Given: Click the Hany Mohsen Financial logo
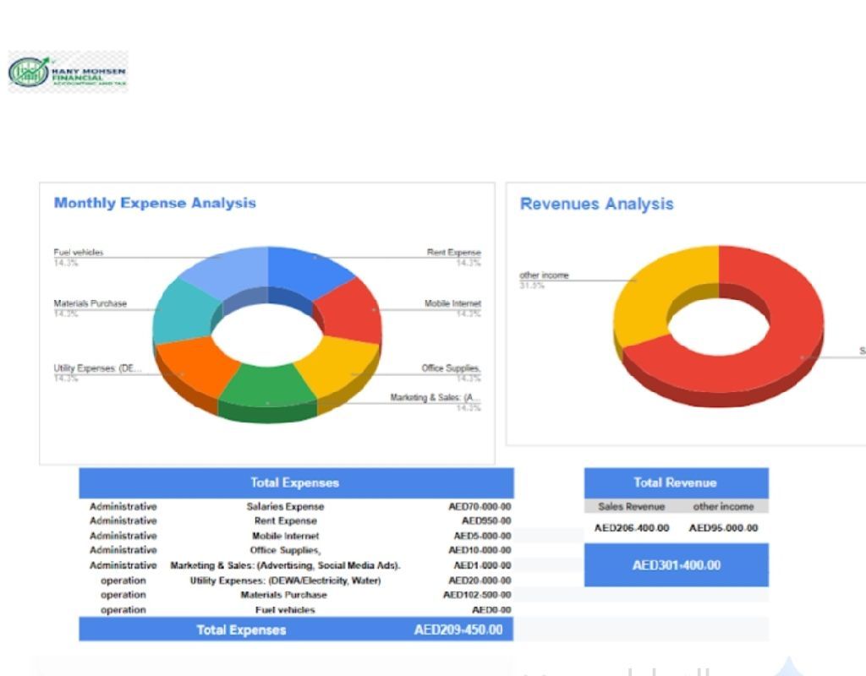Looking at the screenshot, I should point(68,72).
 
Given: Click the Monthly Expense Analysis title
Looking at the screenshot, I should point(155,203).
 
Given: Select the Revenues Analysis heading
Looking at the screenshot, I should point(596,204).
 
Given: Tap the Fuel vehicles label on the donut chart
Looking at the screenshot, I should point(79,253).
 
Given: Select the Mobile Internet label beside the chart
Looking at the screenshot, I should point(452,303).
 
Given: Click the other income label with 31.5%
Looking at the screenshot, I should point(544,275).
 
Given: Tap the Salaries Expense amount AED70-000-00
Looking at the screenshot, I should point(480,507).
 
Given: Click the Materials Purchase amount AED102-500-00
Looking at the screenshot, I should point(477,595).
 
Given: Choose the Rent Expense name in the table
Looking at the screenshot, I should point(285,521).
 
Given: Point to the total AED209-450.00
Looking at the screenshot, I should point(458,630).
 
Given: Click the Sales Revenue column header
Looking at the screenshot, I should point(631,507).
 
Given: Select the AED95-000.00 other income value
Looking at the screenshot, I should point(723,528).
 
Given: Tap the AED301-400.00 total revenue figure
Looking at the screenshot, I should point(677,565).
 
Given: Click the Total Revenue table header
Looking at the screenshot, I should point(675,482).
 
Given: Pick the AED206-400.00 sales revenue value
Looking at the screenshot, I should point(632,528).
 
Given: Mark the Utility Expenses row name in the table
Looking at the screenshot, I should point(285,581).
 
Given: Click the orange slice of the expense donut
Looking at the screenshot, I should point(197,372).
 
